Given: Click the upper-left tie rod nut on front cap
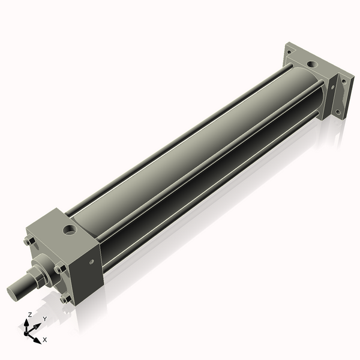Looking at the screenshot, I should click(x=28, y=242).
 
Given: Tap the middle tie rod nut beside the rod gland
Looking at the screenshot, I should click(x=60, y=269).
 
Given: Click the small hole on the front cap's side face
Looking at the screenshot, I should click(x=92, y=262).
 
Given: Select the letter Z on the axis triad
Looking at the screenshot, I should click(x=29, y=314).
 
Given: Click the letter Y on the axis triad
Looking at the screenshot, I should click(x=44, y=319).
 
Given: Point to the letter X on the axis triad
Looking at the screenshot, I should click(x=45, y=340).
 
